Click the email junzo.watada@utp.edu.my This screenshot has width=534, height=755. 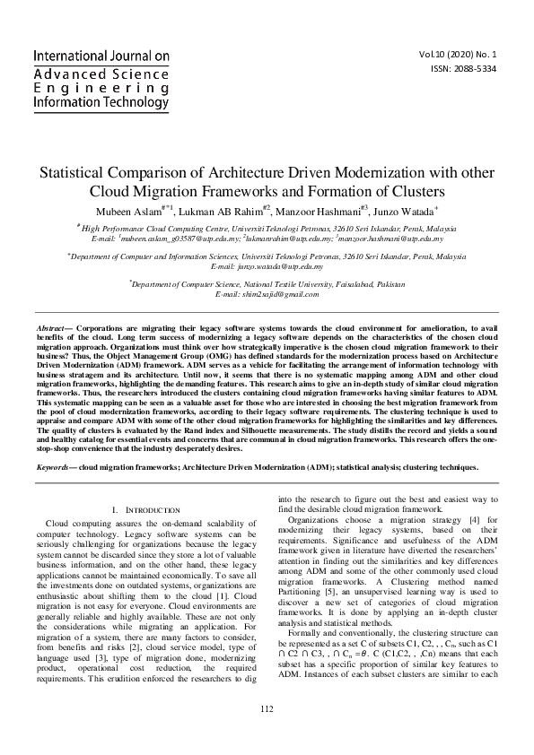click(266, 267)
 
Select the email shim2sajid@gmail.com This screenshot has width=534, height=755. click(267, 294)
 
